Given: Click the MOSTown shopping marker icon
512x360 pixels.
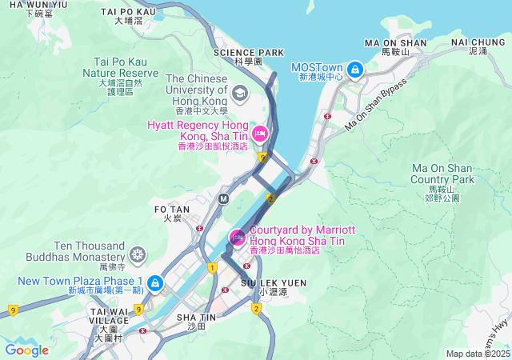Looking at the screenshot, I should (x=354, y=70).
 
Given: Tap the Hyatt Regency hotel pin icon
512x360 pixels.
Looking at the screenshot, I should (x=259, y=132).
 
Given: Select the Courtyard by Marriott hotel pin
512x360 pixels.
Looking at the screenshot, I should (x=238, y=238).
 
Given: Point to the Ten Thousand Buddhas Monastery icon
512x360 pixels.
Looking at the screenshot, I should (x=138, y=255).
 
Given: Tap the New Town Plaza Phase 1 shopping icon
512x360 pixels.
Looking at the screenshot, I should (x=154, y=283).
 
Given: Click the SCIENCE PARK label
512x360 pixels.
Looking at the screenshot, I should (x=248, y=53).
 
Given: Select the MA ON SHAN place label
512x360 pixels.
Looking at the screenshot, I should (x=394, y=42).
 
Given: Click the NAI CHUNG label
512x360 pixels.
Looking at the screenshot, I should (x=478, y=42).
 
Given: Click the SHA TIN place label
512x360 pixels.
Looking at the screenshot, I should (x=190, y=318).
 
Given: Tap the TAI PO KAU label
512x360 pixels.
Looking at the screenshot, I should (x=128, y=12).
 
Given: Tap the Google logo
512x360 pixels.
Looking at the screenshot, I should (x=26, y=350).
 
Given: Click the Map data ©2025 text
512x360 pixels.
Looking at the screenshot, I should (x=477, y=354).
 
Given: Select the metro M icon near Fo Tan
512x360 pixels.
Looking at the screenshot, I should (x=224, y=198).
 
